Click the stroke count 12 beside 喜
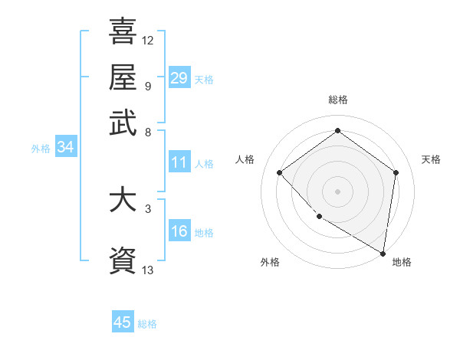pyautogui.click(x=148, y=39)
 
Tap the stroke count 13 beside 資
pyautogui.click(x=148, y=269)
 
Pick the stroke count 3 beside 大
pyautogui.click(x=147, y=208)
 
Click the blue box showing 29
pyautogui.click(x=179, y=77)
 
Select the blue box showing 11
pyautogui.click(x=179, y=162)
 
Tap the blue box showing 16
pyautogui.click(x=179, y=232)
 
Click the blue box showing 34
pyautogui.click(x=65, y=148)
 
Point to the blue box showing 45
pyautogui.click(x=123, y=322)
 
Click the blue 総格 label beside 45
pyautogui.click(x=147, y=324)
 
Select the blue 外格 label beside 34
pyautogui.click(x=41, y=149)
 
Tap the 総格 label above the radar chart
pyautogui.click(x=337, y=100)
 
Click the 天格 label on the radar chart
pyautogui.click(x=431, y=159)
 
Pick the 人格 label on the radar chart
pyautogui.click(x=245, y=159)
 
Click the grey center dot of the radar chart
pyautogui.click(x=337, y=191)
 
